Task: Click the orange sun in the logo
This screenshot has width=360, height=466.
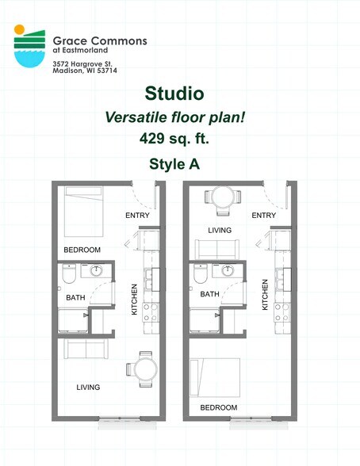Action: (x=19, y=29)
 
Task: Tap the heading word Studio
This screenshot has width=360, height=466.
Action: (x=174, y=94)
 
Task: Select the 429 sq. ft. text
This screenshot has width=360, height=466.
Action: (x=174, y=138)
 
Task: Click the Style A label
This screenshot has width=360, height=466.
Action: (x=174, y=164)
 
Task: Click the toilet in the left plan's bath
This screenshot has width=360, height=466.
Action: (x=69, y=273)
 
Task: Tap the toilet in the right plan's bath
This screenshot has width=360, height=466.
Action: (x=201, y=273)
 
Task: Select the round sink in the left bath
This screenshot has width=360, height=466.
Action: (x=96, y=270)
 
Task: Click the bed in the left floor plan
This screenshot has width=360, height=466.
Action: (x=84, y=212)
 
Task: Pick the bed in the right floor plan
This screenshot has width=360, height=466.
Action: (x=215, y=377)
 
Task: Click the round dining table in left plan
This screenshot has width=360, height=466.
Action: (x=145, y=369)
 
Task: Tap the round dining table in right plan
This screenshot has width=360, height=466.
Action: (x=223, y=197)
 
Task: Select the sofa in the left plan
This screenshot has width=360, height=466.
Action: (x=86, y=349)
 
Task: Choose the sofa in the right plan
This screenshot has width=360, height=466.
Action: (x=217, y=249)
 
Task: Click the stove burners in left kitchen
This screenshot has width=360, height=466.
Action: (x=151, y=312)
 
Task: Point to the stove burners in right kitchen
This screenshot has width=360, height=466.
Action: (x=282, y=312)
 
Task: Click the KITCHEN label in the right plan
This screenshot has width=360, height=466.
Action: (x=265, y=295)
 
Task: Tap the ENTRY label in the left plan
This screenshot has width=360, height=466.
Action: (x=137, y=216)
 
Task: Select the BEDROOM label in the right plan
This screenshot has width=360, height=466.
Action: (x=219, y=407)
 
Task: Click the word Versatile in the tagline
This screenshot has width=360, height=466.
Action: (x=136, y=117)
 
